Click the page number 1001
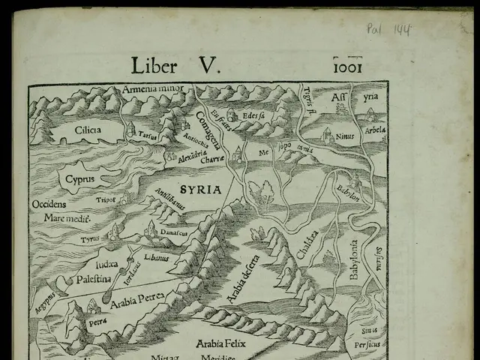(347, 67)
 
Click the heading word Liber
(155, 65)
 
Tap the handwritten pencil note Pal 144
(388, 29)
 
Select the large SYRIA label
(200, 190)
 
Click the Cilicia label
(88, 130)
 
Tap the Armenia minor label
(154, 91)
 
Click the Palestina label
(93, 279)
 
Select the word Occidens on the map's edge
(49, 204)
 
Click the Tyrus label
(90, 239)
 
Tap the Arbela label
(374, 130)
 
